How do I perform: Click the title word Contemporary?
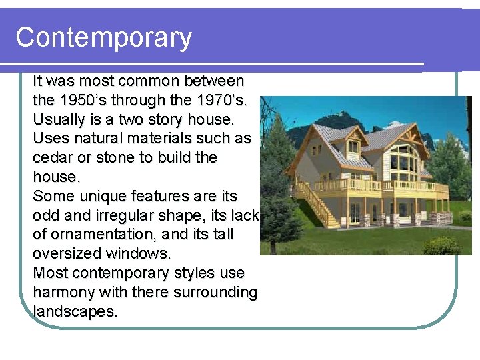pyautogui.click(x=103, y=37)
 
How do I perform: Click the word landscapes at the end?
pyautogui.click(x=75, y=312)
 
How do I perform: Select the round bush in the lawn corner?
pyautogui.click(x=441, y=245)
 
